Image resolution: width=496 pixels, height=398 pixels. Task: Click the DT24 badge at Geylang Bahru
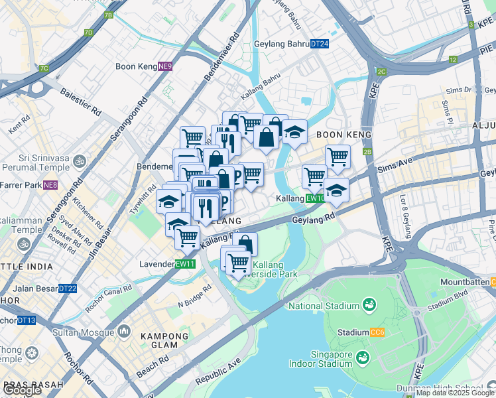click(319, 44)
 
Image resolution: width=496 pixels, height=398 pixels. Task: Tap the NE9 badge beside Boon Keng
click(165, 66)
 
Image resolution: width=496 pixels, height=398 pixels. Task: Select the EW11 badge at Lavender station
click(185, 263)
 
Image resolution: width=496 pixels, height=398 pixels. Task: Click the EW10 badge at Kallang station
click(315, 198)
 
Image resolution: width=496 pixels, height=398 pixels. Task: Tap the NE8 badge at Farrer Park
click(50, 185)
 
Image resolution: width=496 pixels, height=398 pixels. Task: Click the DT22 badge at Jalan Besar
click(68, 289)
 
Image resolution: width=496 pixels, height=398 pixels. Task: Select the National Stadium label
click(324, 306)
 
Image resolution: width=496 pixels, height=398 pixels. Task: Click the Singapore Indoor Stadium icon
click(363, 359)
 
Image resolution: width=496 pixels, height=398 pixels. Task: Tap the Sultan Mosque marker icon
click(124, 330)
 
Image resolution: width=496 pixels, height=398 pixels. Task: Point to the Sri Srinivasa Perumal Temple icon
click(80, 161)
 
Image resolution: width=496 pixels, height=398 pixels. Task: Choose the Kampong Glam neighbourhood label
click(159, 340)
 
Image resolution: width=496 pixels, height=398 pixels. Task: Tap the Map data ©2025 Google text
click(455, 393)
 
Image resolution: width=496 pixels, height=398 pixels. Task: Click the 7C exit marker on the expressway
click(44, 68)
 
